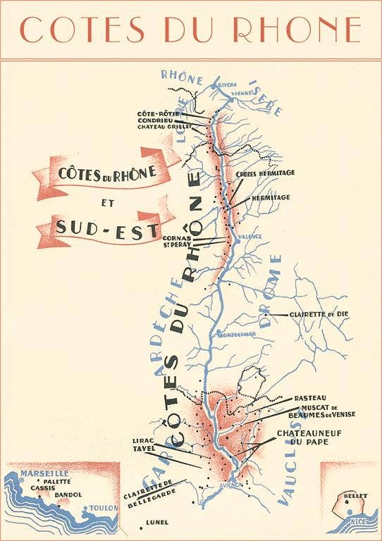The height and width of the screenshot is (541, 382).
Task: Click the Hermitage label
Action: (271, 198)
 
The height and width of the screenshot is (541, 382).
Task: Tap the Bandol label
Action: (68, 495)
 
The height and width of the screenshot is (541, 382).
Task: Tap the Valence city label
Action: (249, 237)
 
